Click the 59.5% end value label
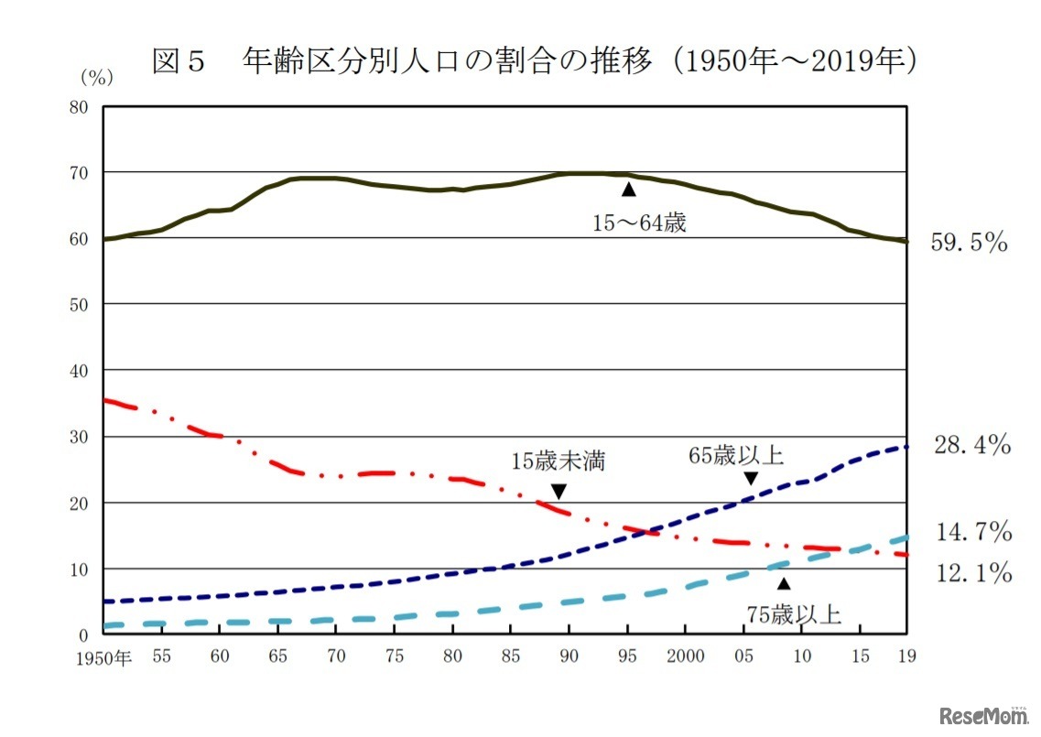[969, 244]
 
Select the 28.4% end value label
[971, 446]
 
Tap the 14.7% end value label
[971, 531]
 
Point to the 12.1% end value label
[971, 574]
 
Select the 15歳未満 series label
[558, 461]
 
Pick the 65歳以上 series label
[737, 455]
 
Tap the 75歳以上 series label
[793, 613]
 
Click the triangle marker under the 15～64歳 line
[628, 189]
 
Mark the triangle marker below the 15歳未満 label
[558, 492]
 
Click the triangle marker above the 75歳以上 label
[783, 582]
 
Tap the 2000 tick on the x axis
[686, 656]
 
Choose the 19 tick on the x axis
[905, 656]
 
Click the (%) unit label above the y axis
[96, 78]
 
